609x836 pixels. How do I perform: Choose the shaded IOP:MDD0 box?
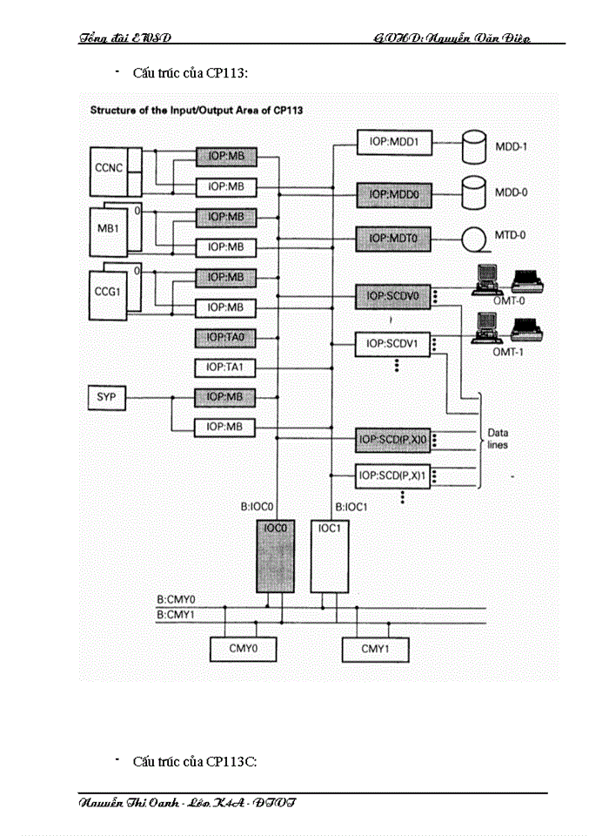pos(394,195)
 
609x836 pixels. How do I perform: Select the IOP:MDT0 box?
pos(394,236)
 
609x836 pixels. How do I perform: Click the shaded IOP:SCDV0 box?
pos(394,296)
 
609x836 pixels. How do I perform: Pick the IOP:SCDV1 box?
pos(394,343)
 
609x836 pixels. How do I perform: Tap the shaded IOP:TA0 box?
pos(225,337)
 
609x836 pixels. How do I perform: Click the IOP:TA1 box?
pos(225,367)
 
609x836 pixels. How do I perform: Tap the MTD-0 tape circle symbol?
pos(474,236)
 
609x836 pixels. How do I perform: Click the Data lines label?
pos(499,438)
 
